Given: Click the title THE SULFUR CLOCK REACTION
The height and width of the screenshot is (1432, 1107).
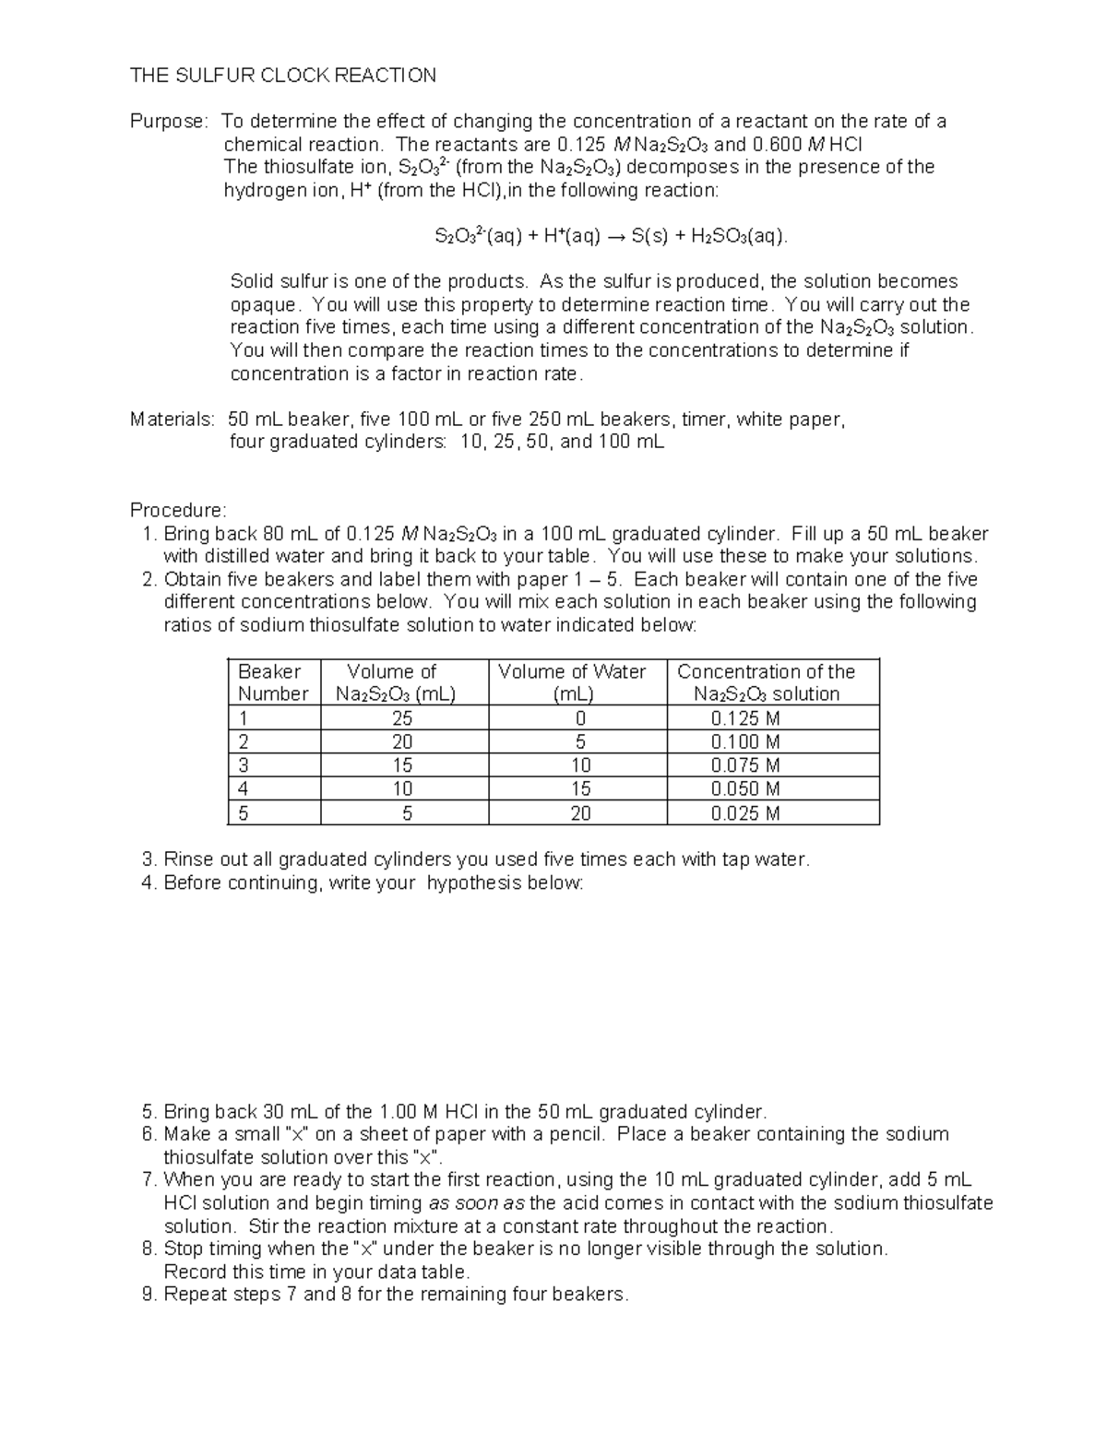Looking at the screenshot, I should (x=282, y=76).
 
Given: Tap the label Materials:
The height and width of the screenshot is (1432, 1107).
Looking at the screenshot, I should (x=172, y=420).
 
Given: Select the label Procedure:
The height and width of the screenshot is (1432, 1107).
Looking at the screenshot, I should (x=177, y=510).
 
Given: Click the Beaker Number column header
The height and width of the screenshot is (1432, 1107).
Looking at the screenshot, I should (x=272, y=682).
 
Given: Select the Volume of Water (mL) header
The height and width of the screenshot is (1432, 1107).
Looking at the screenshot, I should (x=572, y=682).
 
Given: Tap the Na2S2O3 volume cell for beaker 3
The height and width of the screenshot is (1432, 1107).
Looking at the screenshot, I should (x=401, y=765).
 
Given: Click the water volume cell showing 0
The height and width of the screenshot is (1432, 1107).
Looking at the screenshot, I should (x=579, y=718).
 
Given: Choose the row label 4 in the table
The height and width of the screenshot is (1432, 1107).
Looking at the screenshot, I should (x=244, y=789).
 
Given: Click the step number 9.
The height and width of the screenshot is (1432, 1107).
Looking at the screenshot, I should (x=149, y=1295).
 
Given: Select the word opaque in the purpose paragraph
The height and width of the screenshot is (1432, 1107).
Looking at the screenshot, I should (x=264, y=305).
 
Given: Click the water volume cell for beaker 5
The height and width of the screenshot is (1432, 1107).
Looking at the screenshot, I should (x=579, y=813).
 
